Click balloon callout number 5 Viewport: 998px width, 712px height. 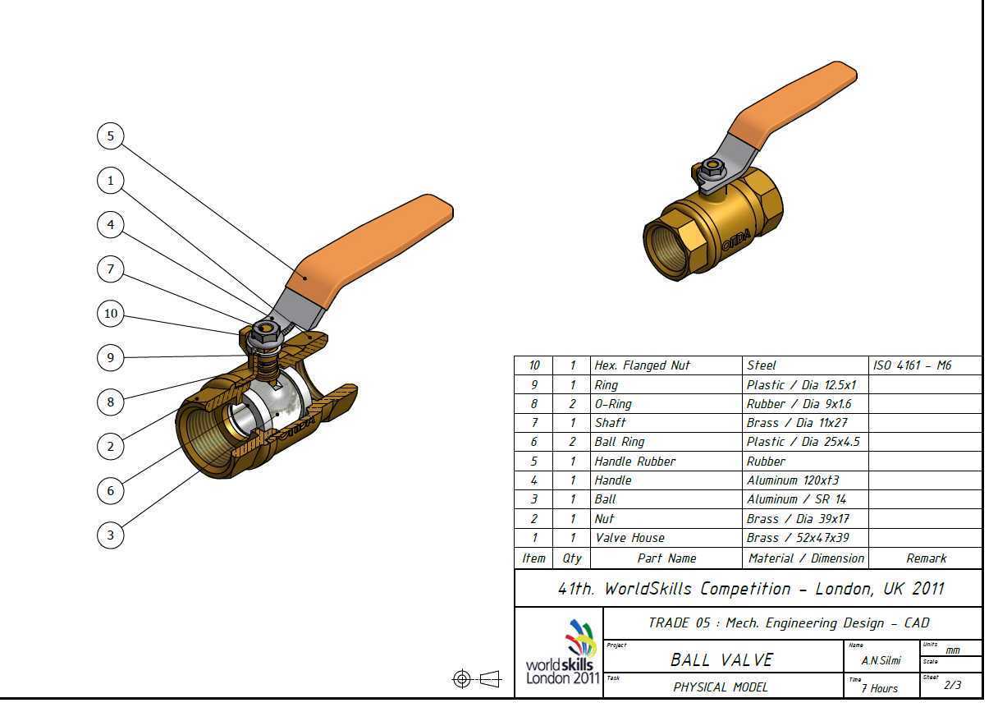[x=111, y=136]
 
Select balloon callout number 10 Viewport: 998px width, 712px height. [x=111, y=314]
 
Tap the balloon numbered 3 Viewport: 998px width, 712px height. [x=111, y=535]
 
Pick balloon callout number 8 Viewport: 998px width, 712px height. [x=111, y=402]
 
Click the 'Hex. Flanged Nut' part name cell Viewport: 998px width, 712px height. [x=642, y=365]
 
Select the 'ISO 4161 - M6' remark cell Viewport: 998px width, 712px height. [x=912, y=365]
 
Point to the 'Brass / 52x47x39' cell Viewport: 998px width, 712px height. [x=798, y=538]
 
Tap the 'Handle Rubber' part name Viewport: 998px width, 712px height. [x=635, y=461]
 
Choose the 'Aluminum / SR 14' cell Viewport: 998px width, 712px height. [x=796, y=499]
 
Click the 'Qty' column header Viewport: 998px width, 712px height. [x=571, y=558]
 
